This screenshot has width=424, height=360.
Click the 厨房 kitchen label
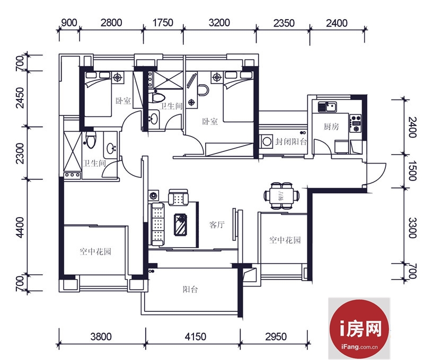pyautogui.click(x=331, y=127)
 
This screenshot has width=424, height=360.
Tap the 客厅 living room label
pyautogui.click(x=217, y=224)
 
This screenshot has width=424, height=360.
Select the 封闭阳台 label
pyautogui.click(x=291, y=141)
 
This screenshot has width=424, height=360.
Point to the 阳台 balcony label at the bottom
pyautogui.click(x=190, y=290)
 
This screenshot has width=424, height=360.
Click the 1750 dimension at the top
pyautogui.click(x=163, y=23)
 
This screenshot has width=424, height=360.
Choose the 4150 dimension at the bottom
pyautogui.click(x=195, y=337)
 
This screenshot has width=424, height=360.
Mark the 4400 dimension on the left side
pyautogui.click(x=20, y=228)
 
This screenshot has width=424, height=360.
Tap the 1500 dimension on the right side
pyautogui.click(x=412, y=171)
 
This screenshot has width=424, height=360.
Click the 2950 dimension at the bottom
pyautogui.click(x=276, y=337)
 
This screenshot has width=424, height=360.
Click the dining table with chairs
pyautogui.click(x=281, y=195)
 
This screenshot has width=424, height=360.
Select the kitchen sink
pyautogui.click(x=327, y=107)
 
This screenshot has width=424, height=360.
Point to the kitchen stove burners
pyautogui.click(x=355, y=123)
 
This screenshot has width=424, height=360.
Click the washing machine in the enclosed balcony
pyautogui.click(x=267, y=141)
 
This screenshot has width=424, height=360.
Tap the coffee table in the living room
pyautogui.click(x=180, y=224)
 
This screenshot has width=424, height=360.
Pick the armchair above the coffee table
pyautogui.click(x=178, y=197)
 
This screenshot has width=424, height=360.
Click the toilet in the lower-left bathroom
pyautogui.click(x=91, y=140)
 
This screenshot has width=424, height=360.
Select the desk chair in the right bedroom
pyautogui.click(x=203, y=90)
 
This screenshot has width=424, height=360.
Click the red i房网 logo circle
pyautogui.click(x=360, y=328)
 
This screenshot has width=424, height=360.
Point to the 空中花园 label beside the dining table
pyautogui.click(x=285, y=240)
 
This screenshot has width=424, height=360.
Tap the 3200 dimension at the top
pyautogui.click(x=219, y=23)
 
